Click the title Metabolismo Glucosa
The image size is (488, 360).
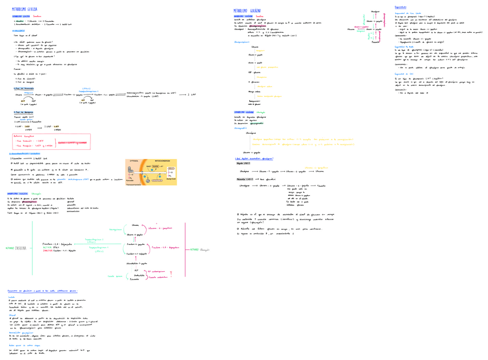(24, 10)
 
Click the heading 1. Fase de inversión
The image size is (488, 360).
(21, 88)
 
